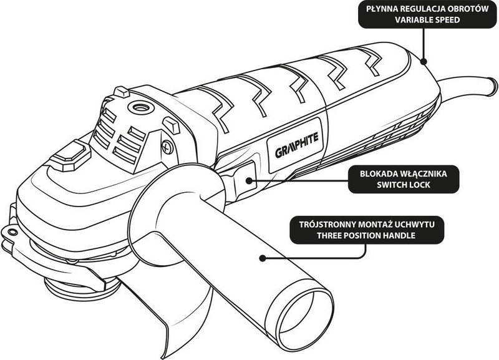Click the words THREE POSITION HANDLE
[371, 236]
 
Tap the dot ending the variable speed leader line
[423, 61]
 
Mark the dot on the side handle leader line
[264, 256]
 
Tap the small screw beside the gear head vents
[167, 147]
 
